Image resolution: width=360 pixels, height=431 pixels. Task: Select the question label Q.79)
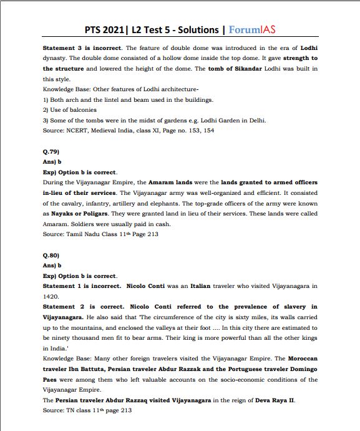[52, 152]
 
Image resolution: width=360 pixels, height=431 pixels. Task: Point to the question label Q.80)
[52, 256]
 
